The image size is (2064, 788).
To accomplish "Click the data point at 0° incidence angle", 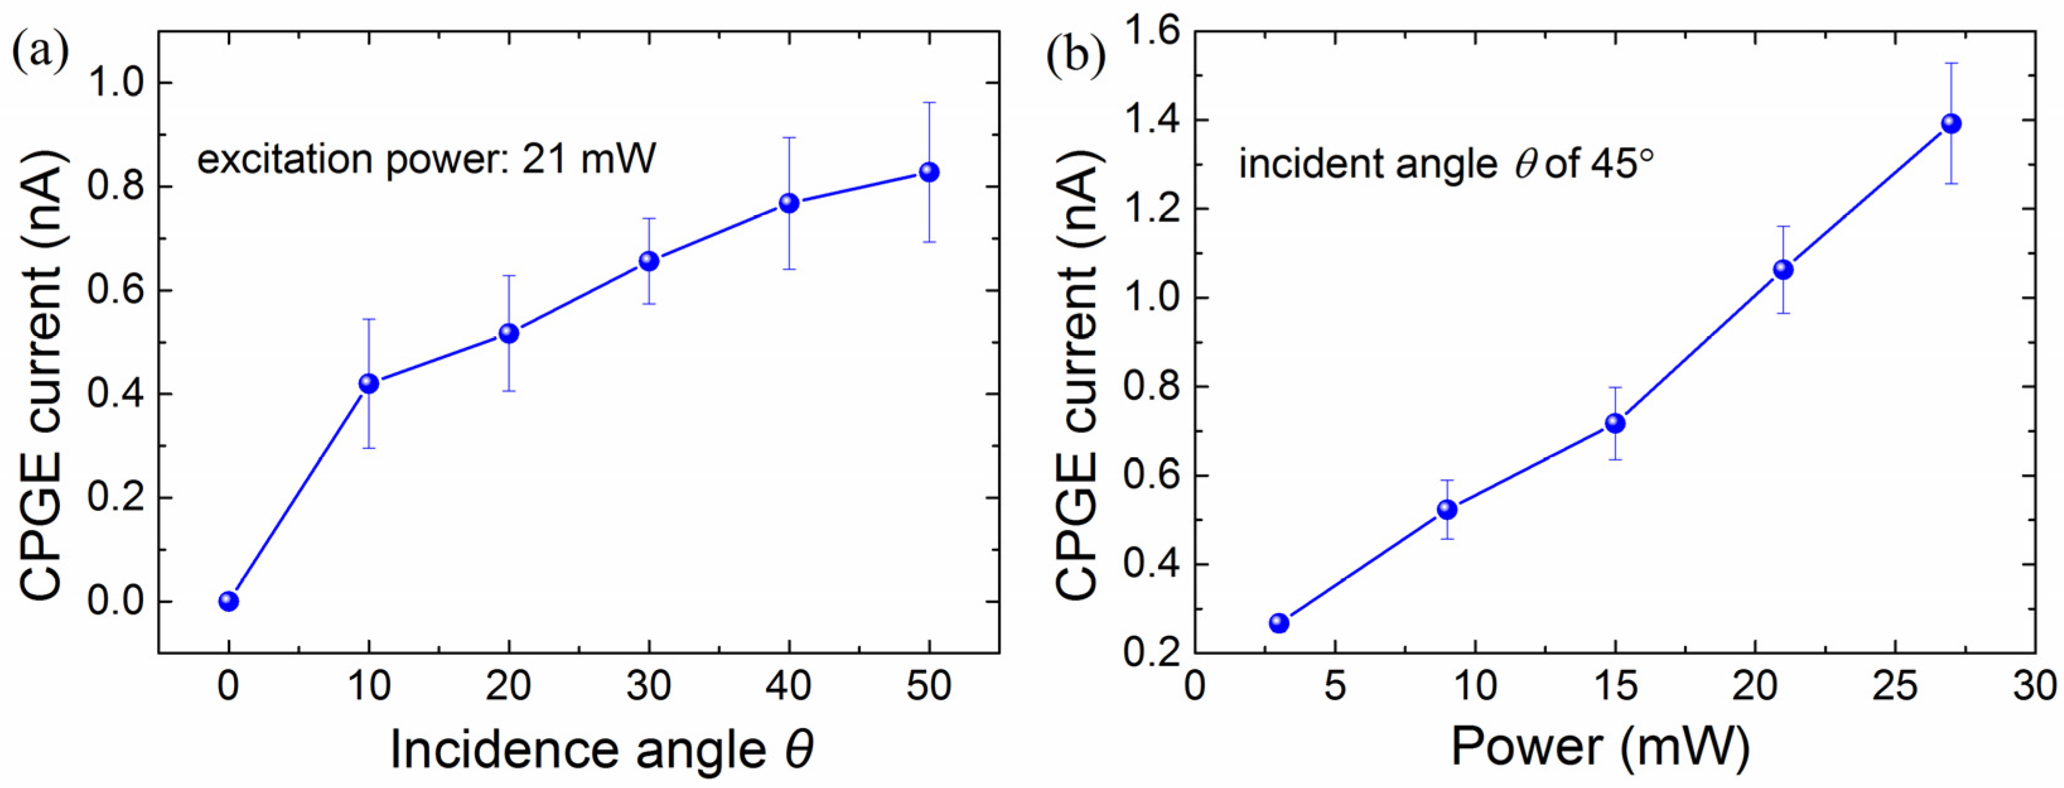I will tap(228, 601).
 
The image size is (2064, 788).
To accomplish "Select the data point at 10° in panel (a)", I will tap(369, 383).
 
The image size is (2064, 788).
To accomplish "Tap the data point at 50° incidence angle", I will tap(929, 172).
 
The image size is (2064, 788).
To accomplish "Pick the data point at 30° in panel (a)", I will tap(649, 261).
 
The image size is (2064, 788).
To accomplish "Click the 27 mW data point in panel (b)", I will tap(1951, 124).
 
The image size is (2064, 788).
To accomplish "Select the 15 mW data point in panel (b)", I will tap(1615, 423).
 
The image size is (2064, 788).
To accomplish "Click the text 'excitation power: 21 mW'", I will tap(426, 159).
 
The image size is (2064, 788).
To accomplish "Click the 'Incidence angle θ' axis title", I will tap(601, 750).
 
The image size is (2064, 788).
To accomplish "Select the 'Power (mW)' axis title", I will tap(1600, 747).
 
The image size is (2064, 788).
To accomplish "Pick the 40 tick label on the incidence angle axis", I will tap(789, 686).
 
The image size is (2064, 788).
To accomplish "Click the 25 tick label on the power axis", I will tap(1895, 686).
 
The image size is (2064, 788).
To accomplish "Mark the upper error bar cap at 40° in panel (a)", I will tap(789, 138).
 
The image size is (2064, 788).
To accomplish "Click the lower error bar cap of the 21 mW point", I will tap(1783, 313).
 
